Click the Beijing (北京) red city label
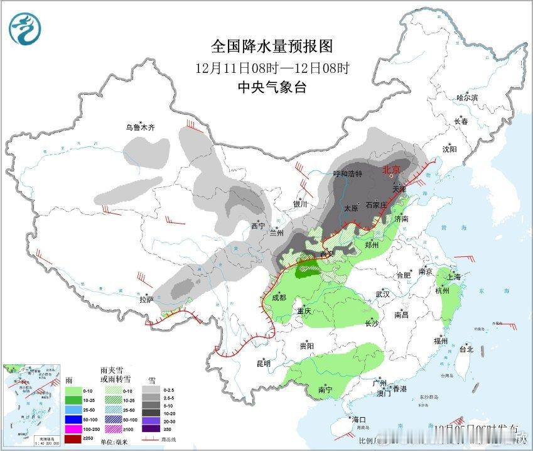tap(391, 170)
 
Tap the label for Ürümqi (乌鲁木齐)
tap(139, 128)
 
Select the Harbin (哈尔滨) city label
tap(467, 98)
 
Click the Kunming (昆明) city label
tap(262, 363)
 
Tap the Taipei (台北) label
tap(466, 349)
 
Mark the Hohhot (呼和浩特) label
tap(348, 173)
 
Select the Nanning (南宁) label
tap(325, 390)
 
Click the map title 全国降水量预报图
tap(271, 46)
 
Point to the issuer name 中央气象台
tap(271, 87)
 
